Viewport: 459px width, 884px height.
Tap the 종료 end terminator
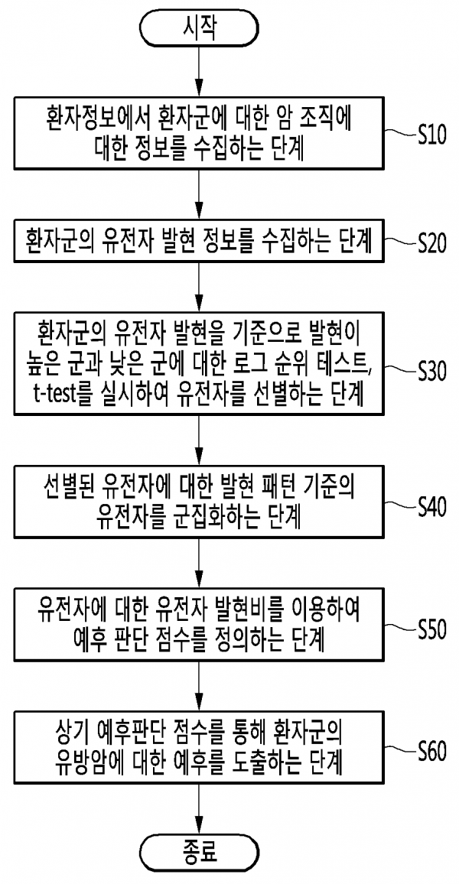click(x=199, y=853)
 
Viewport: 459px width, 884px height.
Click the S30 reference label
click(x=436, y=370)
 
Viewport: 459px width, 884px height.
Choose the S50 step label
click(x=436, y=630)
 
